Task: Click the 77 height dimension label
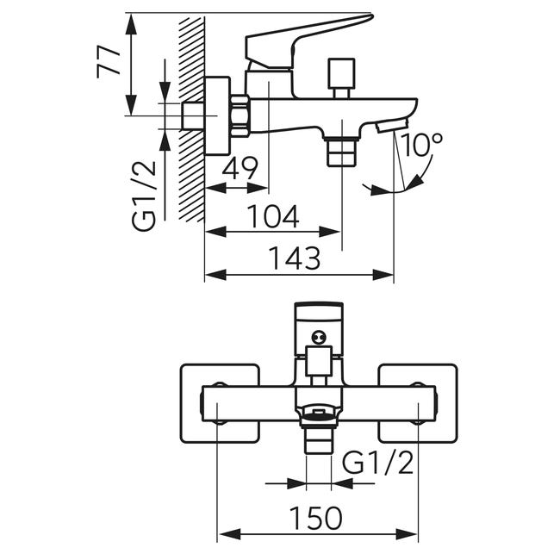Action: (109, 61)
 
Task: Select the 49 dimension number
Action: (240, 169)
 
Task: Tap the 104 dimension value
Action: (273, 217)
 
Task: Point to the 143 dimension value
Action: (295, 258)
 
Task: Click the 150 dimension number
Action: (315, 518)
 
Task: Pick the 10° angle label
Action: (421, 145)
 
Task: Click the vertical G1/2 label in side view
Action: (144, 196)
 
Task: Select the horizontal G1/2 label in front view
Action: (377, 463)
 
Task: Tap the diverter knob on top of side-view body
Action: (342, 78)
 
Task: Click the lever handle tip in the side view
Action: (370, 16)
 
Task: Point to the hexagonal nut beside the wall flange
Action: (240, 116)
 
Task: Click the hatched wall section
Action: (191, 120)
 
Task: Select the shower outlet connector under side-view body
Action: (342, 152)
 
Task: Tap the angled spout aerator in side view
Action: (392, 126)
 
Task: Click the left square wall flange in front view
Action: (220, 403)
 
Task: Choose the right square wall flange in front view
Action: (418, 403)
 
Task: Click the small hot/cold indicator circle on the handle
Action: (319, 336)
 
